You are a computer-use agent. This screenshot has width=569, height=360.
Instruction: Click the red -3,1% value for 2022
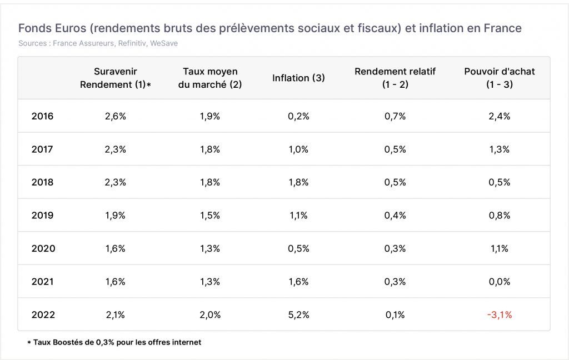click(500, 314)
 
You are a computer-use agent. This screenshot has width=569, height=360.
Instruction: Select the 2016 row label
click(42, 116)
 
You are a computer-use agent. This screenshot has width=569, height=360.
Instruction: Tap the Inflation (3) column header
click(298, 78)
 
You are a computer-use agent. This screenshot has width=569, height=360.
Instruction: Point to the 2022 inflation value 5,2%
click(298, 314)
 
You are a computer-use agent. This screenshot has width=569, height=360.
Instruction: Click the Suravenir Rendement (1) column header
click(116, 78)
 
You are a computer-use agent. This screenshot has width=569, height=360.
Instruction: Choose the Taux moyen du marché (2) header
click(210, 78)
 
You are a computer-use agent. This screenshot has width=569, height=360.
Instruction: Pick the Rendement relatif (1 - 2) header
click(395, 78)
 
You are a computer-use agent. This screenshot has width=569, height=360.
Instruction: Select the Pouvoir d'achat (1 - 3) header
click(500, 78)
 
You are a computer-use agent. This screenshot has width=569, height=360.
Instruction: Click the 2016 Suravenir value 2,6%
click(116, 116)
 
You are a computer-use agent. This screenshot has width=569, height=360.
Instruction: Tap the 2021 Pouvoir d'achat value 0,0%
click(500, 282)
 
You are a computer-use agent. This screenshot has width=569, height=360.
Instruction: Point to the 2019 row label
click(42, 215)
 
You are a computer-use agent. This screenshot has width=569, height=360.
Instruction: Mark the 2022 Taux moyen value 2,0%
click(210, 314)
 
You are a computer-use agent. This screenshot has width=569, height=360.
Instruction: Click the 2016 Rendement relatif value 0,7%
click(395, 116)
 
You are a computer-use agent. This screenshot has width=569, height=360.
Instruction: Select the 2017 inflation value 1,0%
click(298, 149)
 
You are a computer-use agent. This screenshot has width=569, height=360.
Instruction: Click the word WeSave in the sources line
click(164, 43)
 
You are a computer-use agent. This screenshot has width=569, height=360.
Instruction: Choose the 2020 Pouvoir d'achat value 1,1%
click(500, 248)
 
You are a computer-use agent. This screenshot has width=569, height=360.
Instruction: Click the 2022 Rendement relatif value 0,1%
click(395, 314)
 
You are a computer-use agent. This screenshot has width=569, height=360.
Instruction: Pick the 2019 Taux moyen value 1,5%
click(210, 215)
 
